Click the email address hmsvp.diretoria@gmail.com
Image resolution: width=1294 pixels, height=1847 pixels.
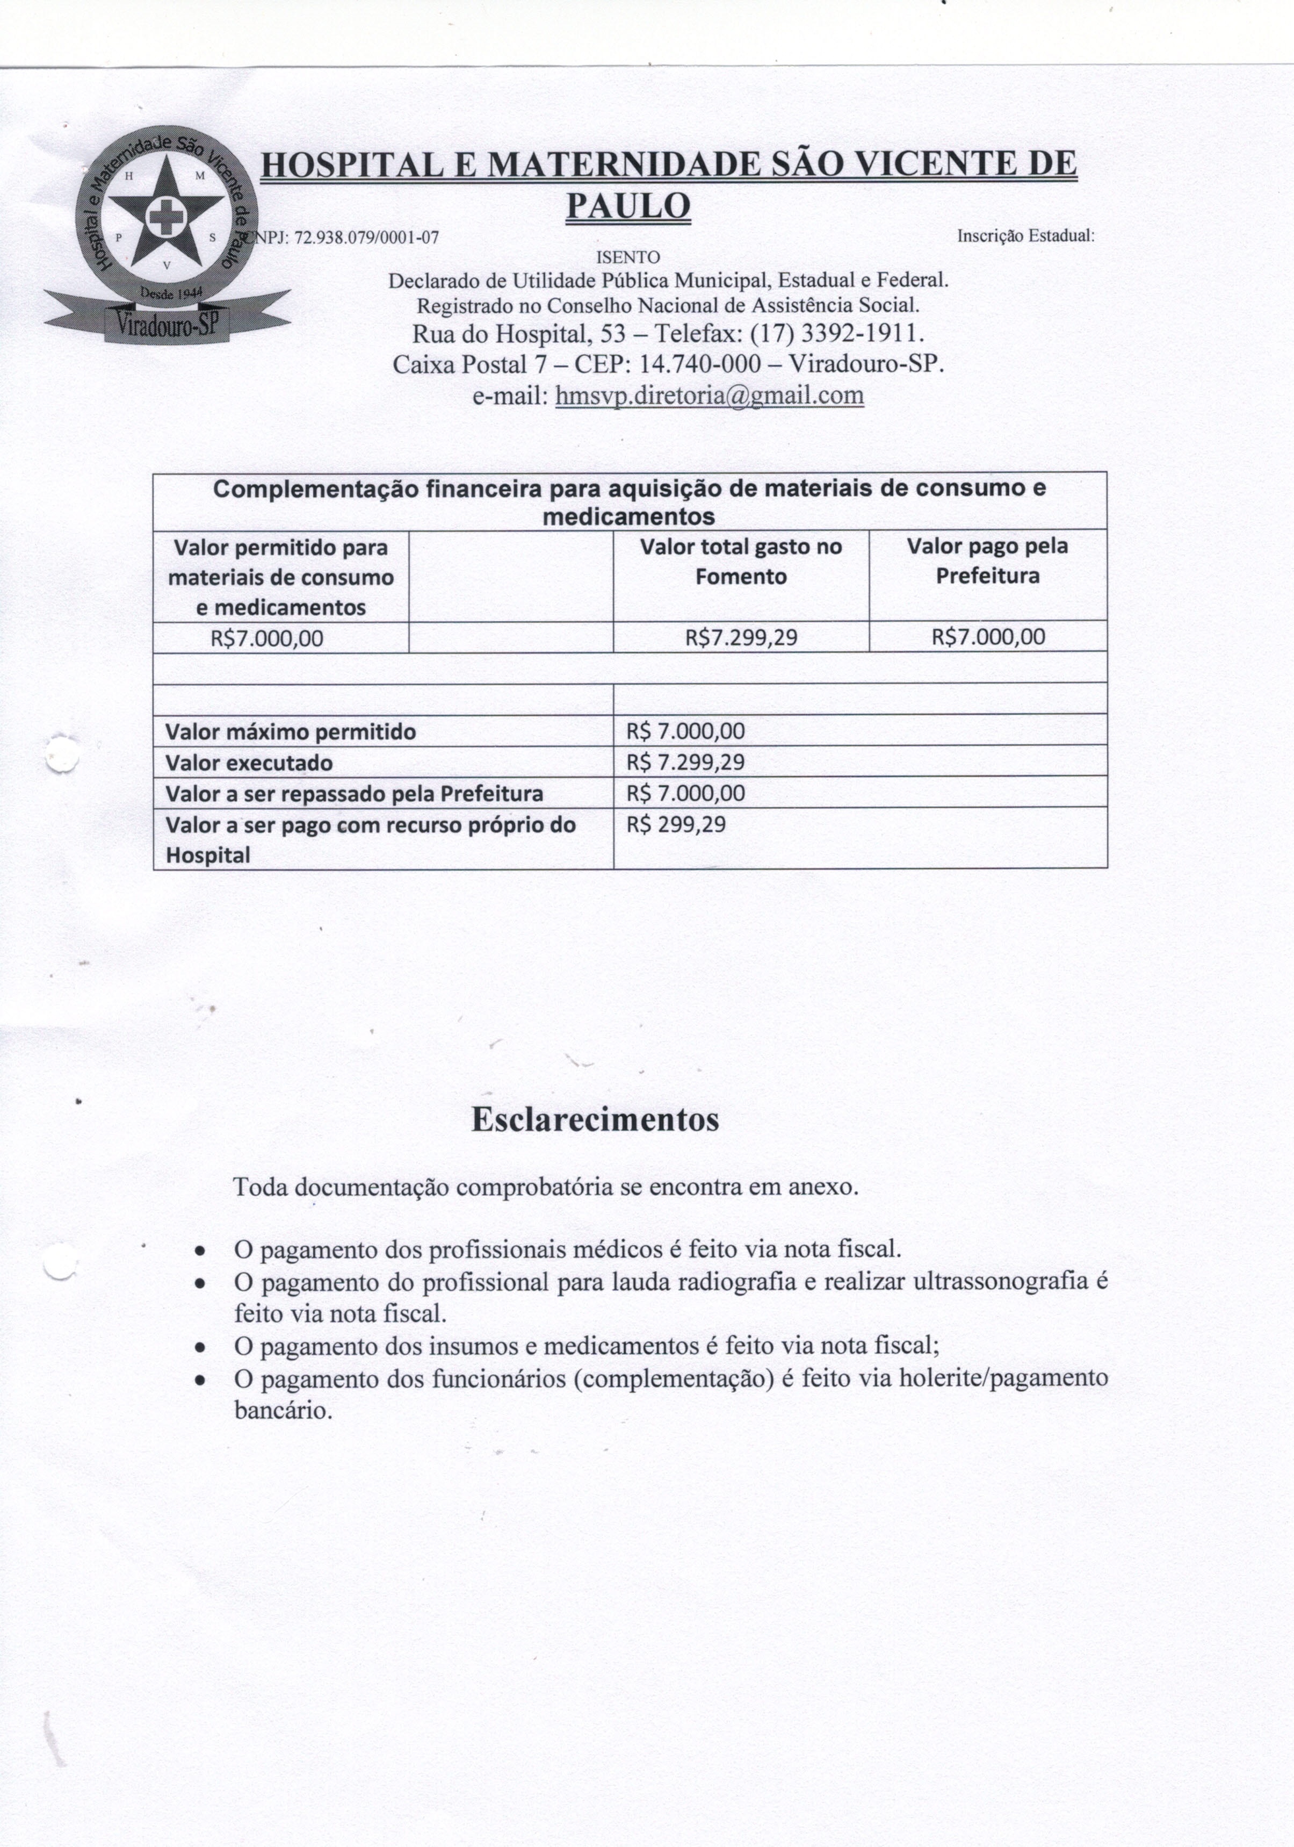(710, 395)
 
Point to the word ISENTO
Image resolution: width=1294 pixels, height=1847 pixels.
(627, 257)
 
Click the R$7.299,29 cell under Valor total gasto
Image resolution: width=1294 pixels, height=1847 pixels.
(741, 638)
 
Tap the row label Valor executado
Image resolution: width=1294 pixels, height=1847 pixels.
(249, 763)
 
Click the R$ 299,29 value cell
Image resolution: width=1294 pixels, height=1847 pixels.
(676, 824)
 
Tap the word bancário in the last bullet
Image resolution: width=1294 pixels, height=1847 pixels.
(283, 1410)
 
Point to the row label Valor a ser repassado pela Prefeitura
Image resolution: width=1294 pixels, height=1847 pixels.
(354, 794)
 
